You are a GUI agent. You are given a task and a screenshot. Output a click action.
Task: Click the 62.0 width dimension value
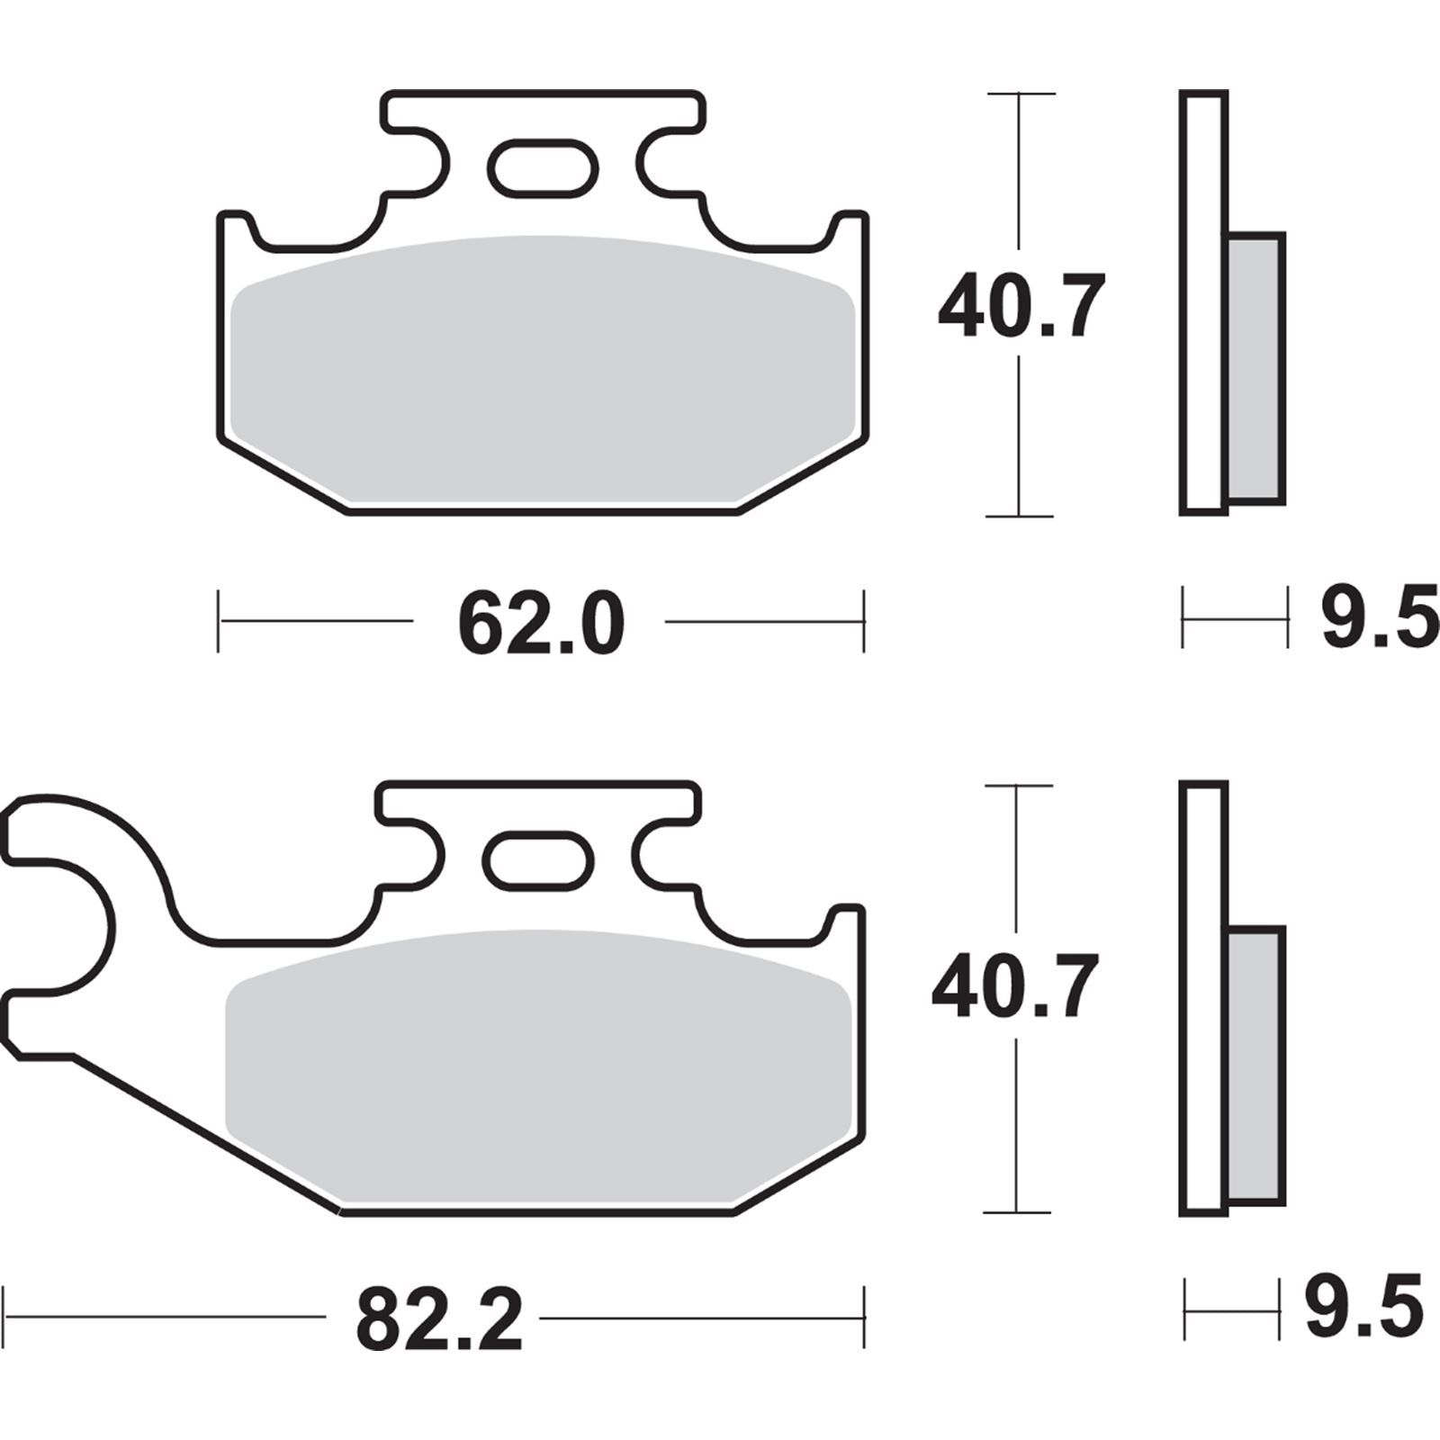[540, 624]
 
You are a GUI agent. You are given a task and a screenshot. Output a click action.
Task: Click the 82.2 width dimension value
[438, 1320]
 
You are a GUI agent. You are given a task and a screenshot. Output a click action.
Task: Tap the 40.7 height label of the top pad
[1020, 307]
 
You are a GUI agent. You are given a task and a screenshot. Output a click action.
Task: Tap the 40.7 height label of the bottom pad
[1014, 987]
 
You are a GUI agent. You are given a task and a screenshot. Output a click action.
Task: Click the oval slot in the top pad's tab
[543, 167]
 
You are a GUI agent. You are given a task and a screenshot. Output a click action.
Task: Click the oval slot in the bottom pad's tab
[538, 860]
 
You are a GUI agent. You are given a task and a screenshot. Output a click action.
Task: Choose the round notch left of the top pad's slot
[423, 162]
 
